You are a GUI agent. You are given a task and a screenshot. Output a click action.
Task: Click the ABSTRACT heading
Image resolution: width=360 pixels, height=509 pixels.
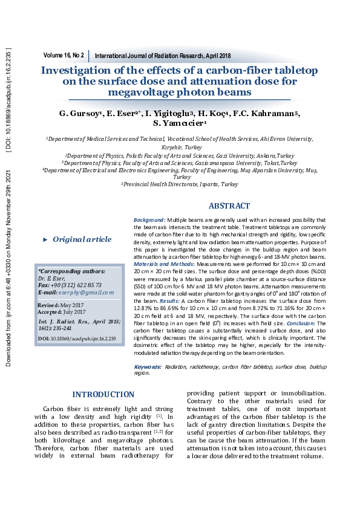pyautogui.click(x=229, y=206)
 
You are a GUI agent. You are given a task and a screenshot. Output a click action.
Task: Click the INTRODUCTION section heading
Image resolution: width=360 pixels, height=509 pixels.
pyautogui.click(x=103, y=395)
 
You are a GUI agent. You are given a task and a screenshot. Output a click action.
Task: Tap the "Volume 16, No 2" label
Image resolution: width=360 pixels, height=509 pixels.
pyautogui.click(x=64, y=55)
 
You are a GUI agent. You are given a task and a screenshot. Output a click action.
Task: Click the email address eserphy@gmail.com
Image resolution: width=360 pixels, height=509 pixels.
pyautogui.click(x=85, y=293)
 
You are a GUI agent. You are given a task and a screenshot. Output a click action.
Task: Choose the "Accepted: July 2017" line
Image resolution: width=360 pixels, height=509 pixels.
pyautogui.click(x=62, y=312)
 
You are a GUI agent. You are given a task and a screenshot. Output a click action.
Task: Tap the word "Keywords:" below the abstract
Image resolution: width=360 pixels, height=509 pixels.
pyautogui.click(x=148, y=367)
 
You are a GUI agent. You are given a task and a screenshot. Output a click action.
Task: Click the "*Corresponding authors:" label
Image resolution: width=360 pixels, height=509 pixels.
pyautogui.click(x=71, y=272)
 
